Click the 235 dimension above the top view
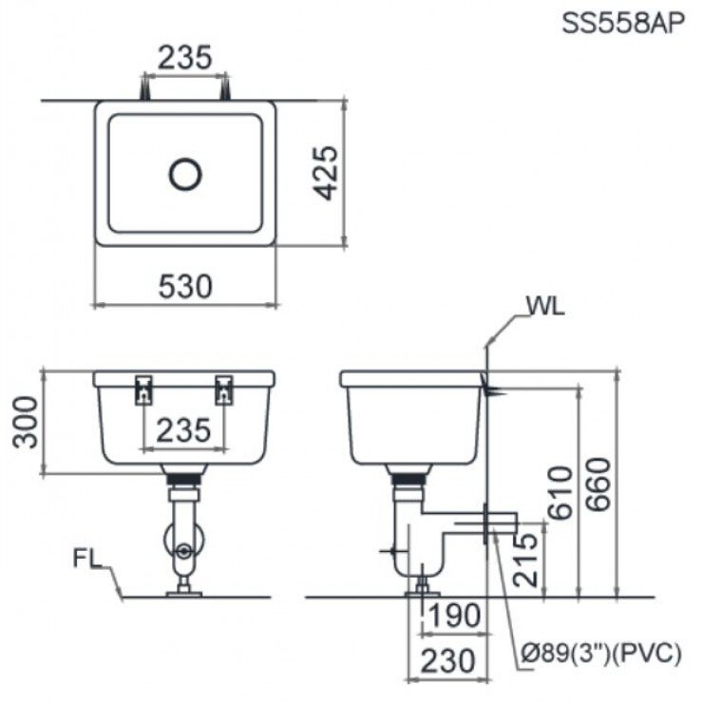click(x=185, y=58)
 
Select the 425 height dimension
click(x=325, y=173)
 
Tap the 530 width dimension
click(x=185, y=285)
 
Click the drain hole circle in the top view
click(x=185, y=173)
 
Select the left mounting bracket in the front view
click(x=143, y=389)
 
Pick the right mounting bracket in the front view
click(x=225, y=389)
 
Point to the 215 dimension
click(x=524, y=560)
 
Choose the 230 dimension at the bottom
click(x=446, y=661)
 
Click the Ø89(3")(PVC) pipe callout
click(x=602, y=652)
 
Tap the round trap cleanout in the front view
click(x=184, y=549)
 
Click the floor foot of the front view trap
click(x=183, y=594)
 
